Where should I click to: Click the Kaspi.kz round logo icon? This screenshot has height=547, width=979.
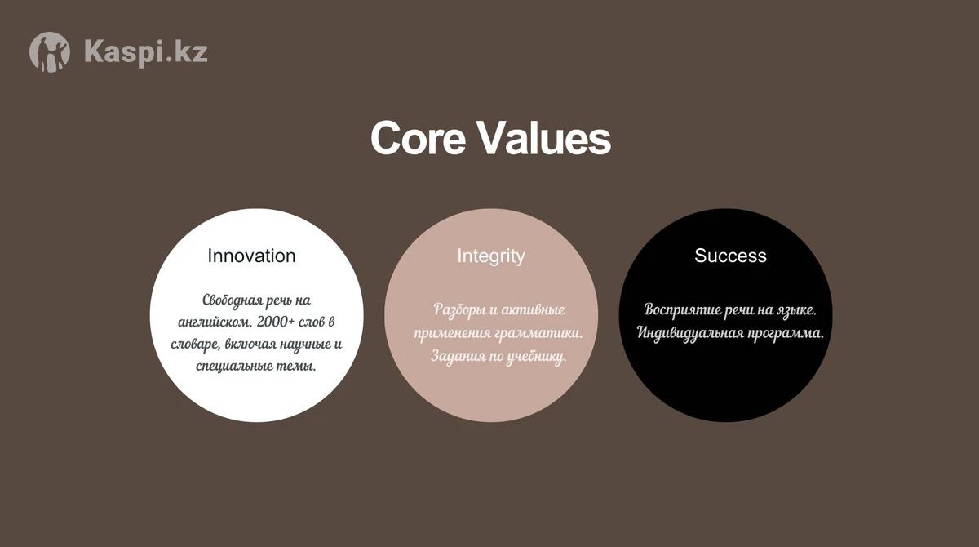(50, 52)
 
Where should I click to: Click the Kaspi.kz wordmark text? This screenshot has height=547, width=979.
(146, 52)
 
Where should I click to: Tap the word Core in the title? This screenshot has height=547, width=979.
(418, 138)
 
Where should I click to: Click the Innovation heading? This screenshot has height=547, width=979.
(251, 256)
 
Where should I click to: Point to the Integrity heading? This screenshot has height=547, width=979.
(491, 256)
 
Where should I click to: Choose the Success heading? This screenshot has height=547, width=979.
(730, 256)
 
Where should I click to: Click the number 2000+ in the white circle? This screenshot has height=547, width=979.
(276, 322)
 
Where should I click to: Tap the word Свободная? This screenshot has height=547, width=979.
(233, 300)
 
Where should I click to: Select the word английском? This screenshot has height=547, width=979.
(215, 322)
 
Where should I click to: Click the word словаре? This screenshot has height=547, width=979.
(195, 345)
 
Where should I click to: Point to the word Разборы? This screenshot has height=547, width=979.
(458, 310)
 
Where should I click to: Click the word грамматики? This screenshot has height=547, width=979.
(539, 333)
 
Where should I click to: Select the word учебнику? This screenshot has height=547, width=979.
(536, 356)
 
